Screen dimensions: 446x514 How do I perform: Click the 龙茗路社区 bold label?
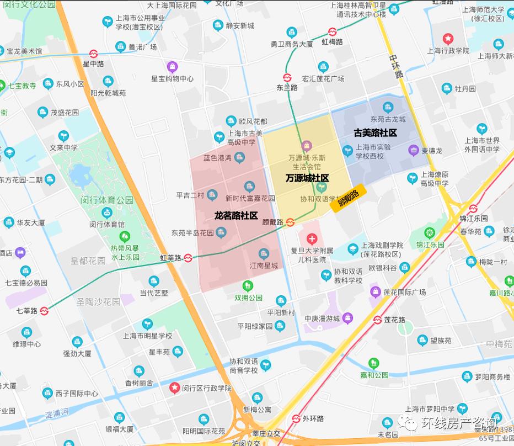(x=236, y=215)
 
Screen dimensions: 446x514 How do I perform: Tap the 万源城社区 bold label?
(x=307, y=178)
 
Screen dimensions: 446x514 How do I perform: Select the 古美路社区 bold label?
(x=375, y=133)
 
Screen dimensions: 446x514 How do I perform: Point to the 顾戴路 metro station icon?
(x=290, y=222)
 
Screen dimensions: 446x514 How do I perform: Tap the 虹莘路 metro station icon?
(x=188, y=257)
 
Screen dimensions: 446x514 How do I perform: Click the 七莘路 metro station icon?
(x=45, y=311)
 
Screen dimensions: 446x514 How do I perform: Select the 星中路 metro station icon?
(x=94, y=54)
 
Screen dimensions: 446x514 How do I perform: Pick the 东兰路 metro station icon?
(x=287, y=78)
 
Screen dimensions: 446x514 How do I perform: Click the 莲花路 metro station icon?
(x=378, y=320)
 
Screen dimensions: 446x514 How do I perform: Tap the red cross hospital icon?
(x=312, y=239)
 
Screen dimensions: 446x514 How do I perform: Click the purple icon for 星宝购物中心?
(x=173, y=67)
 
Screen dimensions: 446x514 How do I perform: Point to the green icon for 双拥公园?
(x=248, y=285)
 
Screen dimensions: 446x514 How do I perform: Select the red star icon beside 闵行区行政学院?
(x=175, y=388)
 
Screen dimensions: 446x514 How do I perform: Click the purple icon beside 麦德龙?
(x=413, y=150)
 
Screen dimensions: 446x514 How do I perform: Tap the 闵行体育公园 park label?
(x=107, y=200)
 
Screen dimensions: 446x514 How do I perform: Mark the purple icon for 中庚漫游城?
(x=347, y=318)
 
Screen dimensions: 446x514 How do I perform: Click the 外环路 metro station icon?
(x=296, y=418)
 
